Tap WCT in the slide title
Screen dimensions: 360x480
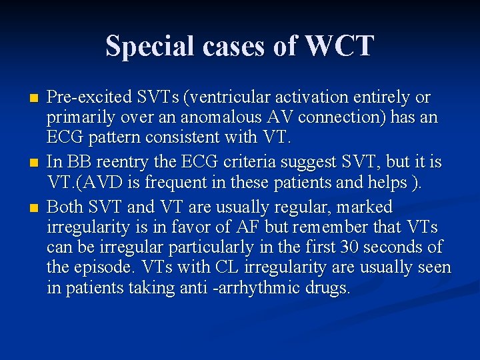coord(339,47)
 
